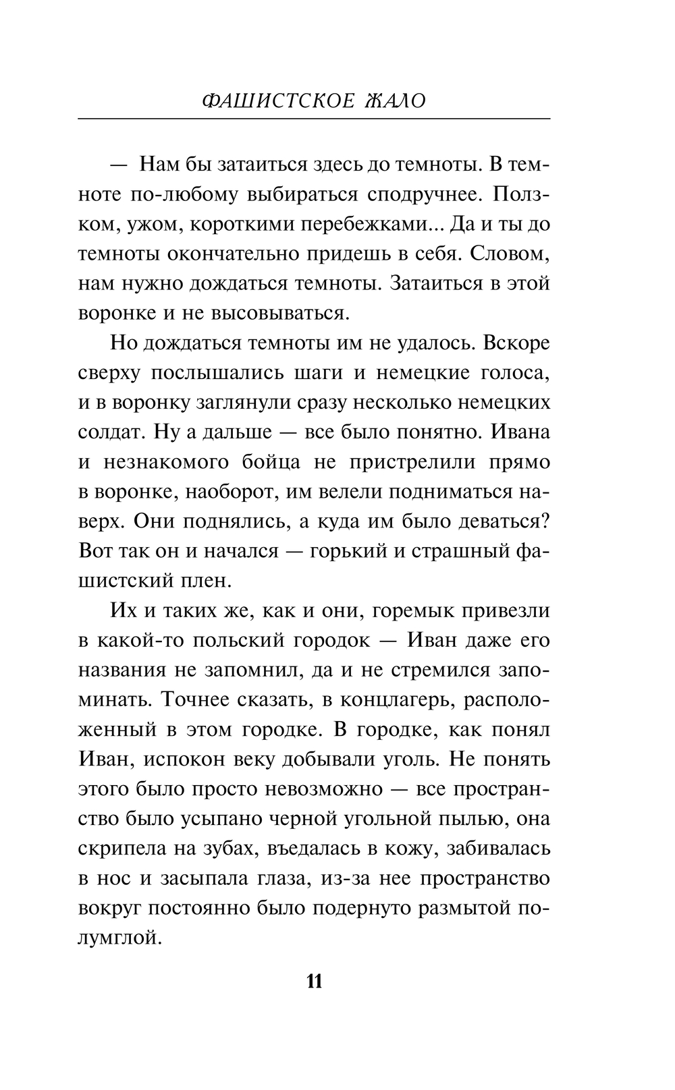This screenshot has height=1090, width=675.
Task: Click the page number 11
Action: click(x=315, y=980)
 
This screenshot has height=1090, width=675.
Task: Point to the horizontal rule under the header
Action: click(x=315, y=120)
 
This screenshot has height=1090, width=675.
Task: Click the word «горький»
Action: click(x=348, y=550)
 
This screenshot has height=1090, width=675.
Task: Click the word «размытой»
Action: click(x=462, y=908)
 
